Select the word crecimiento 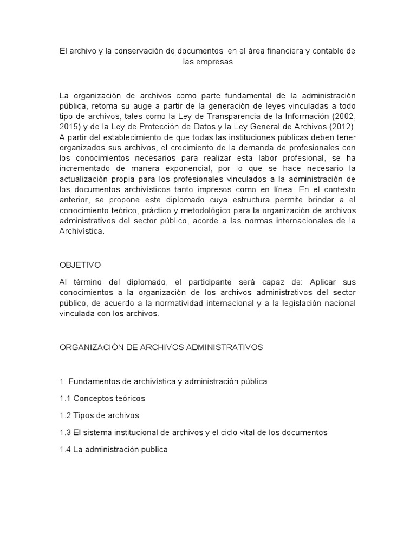(173, 148)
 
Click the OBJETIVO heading (80, 265)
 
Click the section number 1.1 (65, 399)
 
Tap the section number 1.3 (65, 433)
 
